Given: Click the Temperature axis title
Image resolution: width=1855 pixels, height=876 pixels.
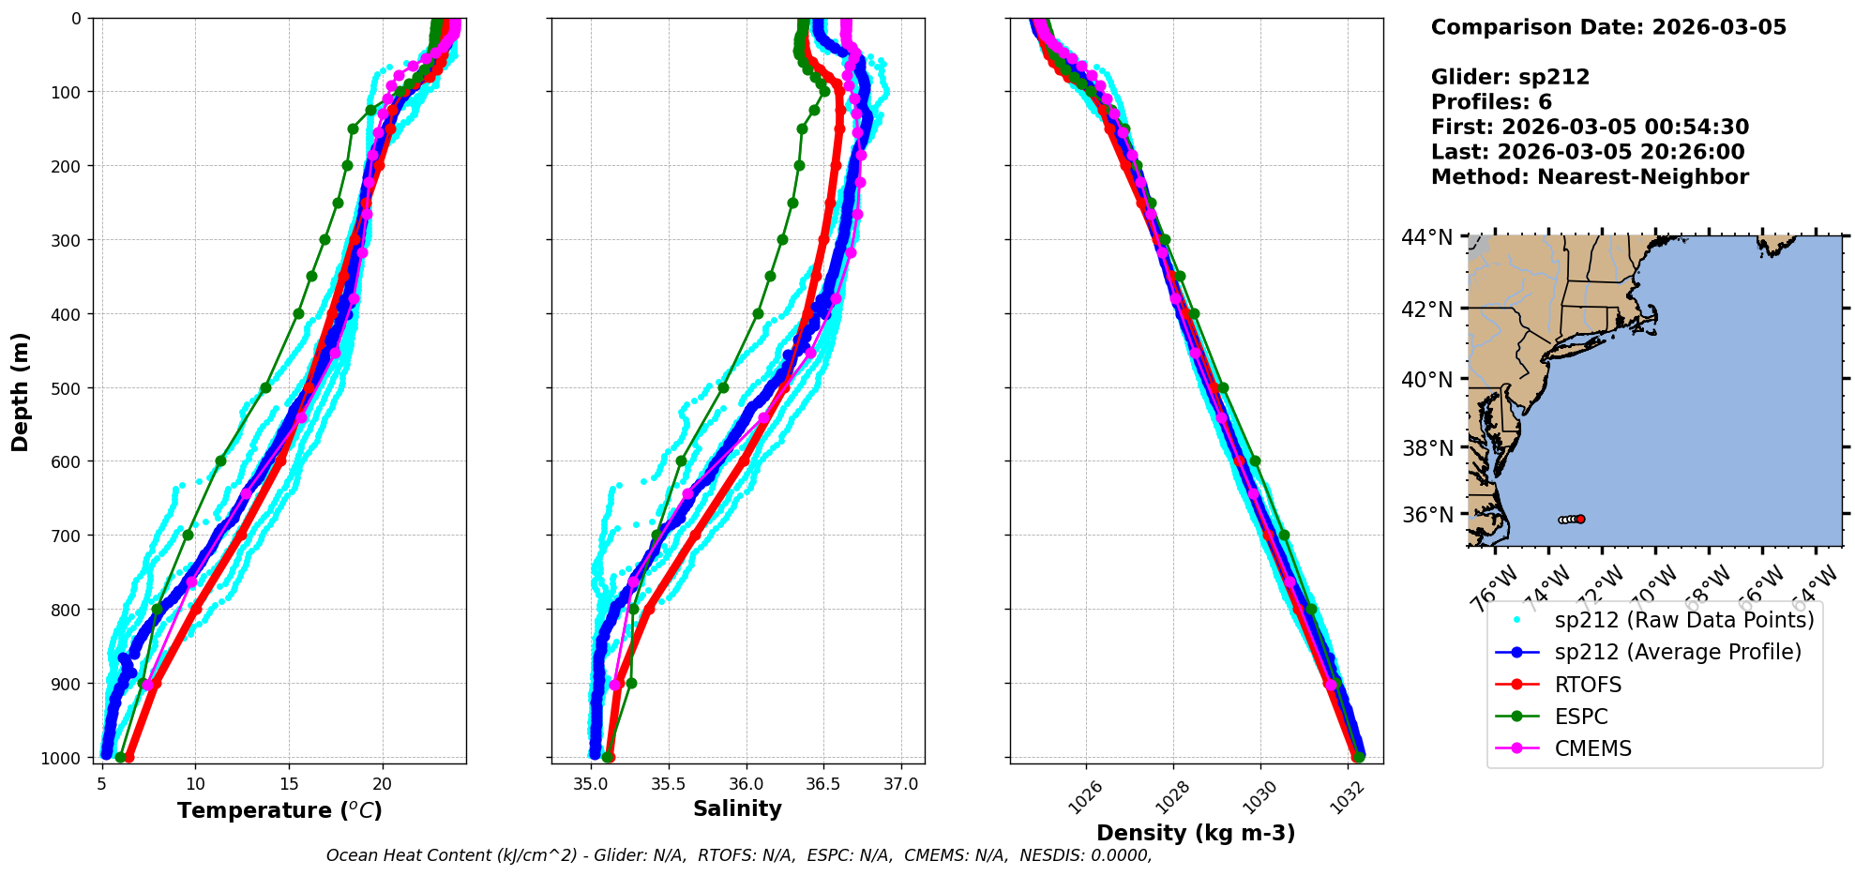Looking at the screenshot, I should tap(279, 810).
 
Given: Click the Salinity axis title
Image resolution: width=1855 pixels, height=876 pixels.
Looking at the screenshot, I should tap(737, 809).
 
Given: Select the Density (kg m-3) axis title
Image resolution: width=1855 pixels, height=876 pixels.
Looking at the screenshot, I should tap(1196, 833).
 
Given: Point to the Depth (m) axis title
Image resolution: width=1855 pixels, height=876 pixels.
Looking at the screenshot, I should tap(21, 391).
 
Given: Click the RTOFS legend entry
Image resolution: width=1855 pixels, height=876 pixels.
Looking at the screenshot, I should tap(1587, 685).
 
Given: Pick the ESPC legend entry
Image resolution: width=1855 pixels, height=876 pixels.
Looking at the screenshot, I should tap(1580, 717).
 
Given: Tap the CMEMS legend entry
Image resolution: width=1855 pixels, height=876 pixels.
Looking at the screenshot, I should tap(1592, 748).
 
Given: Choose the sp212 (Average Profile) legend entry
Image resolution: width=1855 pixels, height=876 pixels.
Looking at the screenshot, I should tap(1677, 653).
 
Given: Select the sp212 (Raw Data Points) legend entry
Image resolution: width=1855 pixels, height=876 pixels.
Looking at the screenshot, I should tap(1683, 620).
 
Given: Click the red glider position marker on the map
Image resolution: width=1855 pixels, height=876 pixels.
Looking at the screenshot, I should tap(1580, 519).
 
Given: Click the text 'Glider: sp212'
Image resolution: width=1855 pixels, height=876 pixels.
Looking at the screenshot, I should tap(1510, 77).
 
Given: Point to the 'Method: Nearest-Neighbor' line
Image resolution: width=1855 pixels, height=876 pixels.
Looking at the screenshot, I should tap(1590, 177).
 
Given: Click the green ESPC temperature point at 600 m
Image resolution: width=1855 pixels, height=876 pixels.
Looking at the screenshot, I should tap(221, 461).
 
